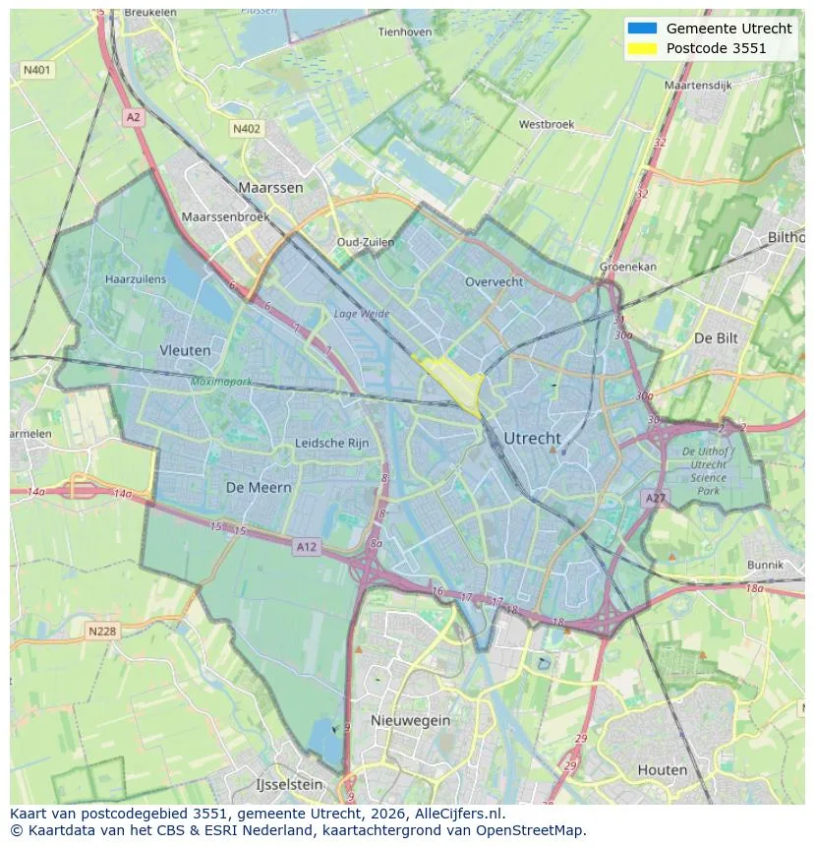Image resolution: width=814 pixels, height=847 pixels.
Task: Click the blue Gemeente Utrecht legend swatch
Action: click(x=641, y=28)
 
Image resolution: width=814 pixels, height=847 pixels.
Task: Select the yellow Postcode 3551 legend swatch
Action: click(x=641, y=47)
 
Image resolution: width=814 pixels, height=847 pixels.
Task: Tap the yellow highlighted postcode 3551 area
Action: click(x=452, y=380)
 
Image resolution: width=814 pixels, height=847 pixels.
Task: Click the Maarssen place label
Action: click(x=270, y=186)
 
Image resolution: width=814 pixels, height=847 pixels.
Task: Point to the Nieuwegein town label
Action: click(x=410, y=720)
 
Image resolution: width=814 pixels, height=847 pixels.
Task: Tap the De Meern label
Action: click(x=259, y=487)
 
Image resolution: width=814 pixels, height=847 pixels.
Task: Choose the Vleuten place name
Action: click(x=185, y=349)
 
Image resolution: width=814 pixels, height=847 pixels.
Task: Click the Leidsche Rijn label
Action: click(x=332, y=443)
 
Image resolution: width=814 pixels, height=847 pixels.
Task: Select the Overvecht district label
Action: click(x=494, y=281)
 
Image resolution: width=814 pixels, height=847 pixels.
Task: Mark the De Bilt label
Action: click(x=716, y=337)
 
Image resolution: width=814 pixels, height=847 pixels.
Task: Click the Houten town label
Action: click(x=662, y=769)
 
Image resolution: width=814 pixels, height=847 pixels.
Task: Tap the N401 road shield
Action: click(x=36, y=70)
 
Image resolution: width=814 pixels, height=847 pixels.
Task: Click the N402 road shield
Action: click(x=247, y=129)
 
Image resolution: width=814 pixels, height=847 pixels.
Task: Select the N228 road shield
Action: click(x=102, y=631)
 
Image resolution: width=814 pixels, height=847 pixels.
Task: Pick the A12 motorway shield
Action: click(x=306, y=546)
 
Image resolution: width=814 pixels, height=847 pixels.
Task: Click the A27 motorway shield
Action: click(x=656, y=499)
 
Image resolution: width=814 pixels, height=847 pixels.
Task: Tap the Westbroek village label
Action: click(x=546, y=125)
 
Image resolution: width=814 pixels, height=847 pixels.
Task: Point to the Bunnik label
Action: click(x=765, y=565)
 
